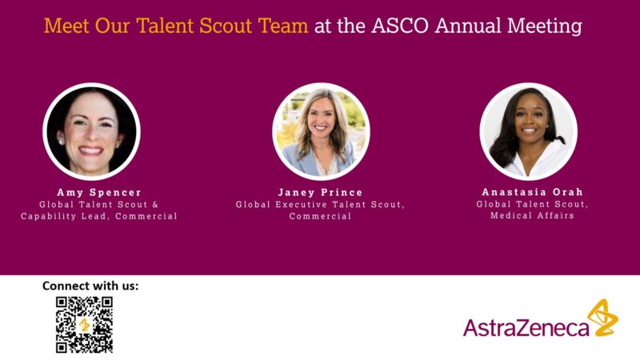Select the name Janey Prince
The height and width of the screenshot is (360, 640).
(319, 193)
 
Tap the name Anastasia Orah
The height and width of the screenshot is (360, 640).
(531, 193)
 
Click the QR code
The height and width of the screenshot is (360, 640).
(84, 324)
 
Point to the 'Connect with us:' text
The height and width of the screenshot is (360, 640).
(90, 286)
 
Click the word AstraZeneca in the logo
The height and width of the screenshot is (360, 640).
(526, 326)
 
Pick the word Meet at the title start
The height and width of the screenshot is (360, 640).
(66, 26)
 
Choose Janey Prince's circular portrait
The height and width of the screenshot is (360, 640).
(320, 130)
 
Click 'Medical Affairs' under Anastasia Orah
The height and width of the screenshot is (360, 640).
(532, 216)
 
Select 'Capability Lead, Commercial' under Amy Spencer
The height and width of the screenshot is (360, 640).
(99, 216)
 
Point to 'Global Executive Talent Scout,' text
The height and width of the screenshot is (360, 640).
(320, 205)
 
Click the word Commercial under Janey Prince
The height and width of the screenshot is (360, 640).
(320, 216)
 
